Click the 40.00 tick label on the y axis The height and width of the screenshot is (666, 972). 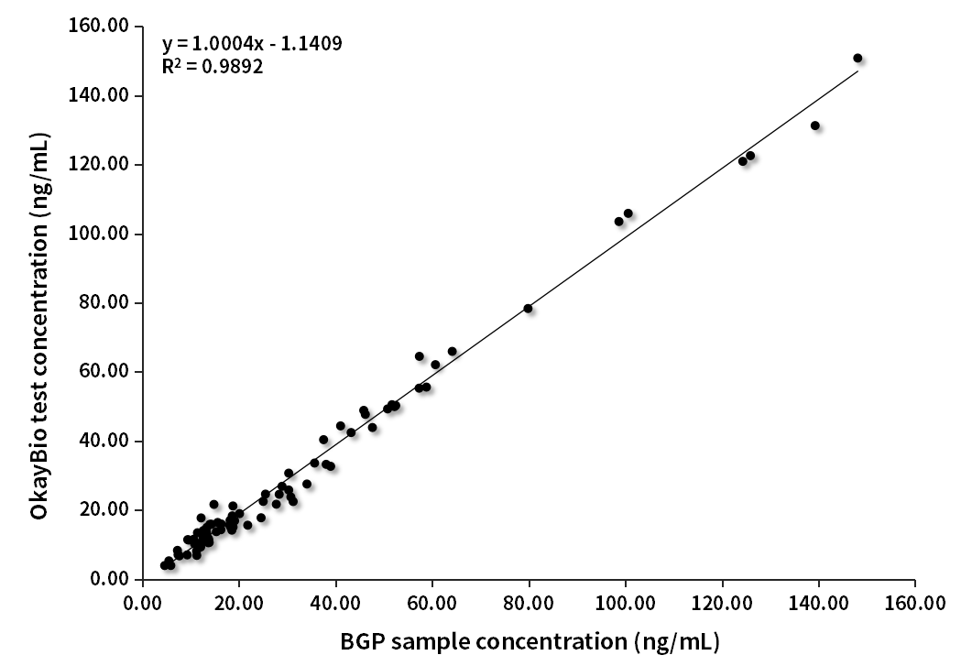[x=102, y=441]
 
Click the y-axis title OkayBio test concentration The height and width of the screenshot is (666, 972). [x=39, y=326]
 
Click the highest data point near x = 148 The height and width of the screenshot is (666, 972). [x=857, y=58]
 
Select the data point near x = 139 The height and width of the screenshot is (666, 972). [x=815, y=126]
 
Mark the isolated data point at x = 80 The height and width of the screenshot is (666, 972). [x=528, y=309]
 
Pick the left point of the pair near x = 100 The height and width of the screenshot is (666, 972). [x=619, y=221]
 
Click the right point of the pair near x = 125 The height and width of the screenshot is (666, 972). [x=750, y=156]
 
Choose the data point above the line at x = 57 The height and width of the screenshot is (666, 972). [x=420, y=356]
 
